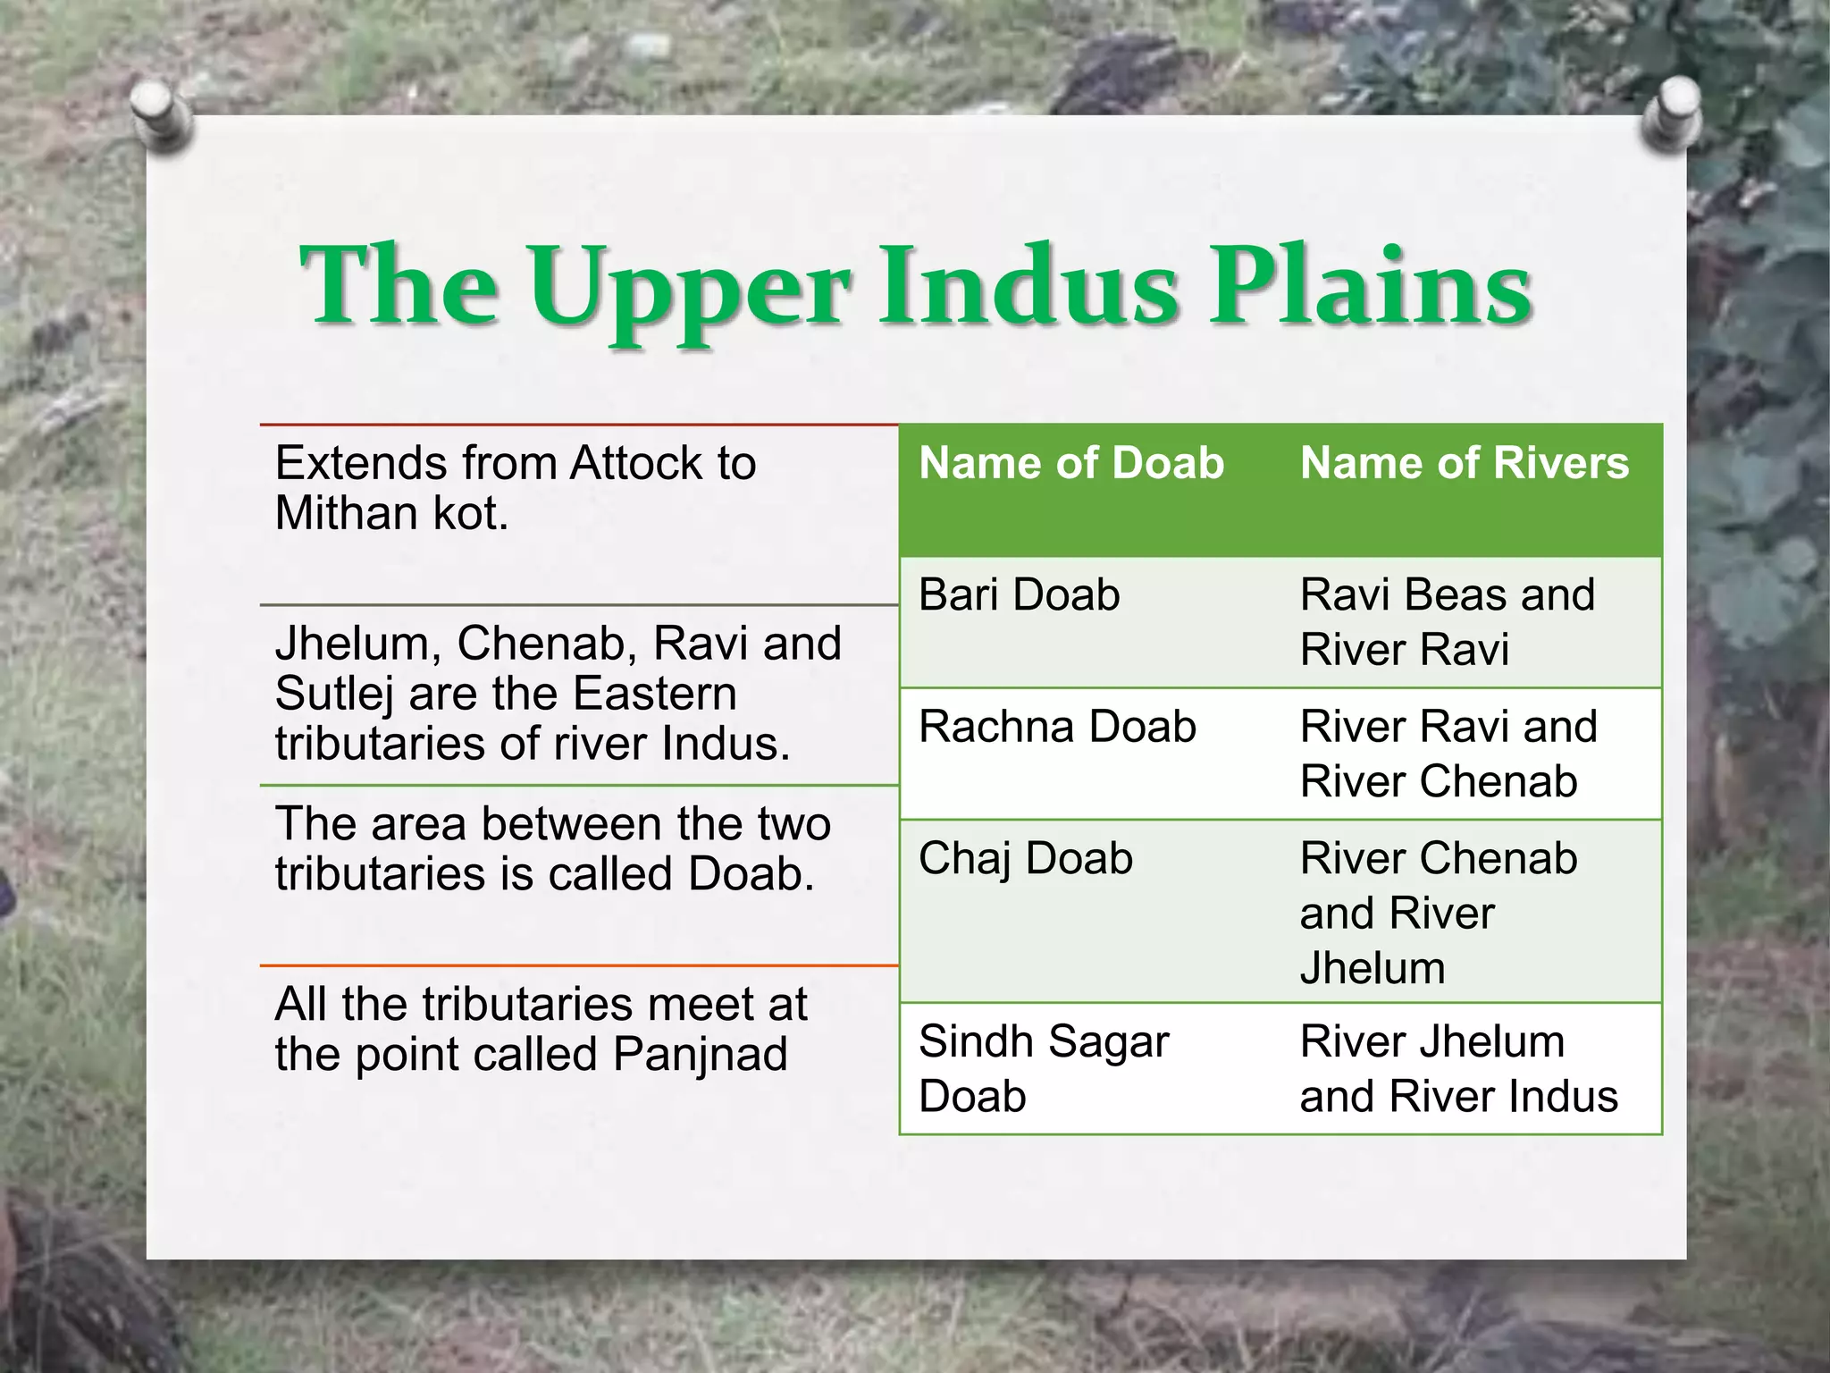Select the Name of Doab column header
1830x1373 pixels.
click(x=1070, y=463)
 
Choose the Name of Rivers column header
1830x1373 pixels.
click(x=1464, y=463)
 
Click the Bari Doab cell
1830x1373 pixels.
click(x=1019, y=595)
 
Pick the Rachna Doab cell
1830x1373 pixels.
click(x=1056, y=727)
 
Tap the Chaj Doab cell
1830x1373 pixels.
click(x=1025, y=859)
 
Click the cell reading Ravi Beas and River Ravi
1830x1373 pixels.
click(x=1447, y=621)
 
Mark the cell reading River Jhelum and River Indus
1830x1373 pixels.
click(x=1457, y=1068)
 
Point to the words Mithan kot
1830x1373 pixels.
click(x=391, y=514)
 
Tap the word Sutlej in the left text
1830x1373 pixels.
click(x=334, y=695)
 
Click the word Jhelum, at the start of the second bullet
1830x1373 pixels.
click(x=357, y=644)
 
